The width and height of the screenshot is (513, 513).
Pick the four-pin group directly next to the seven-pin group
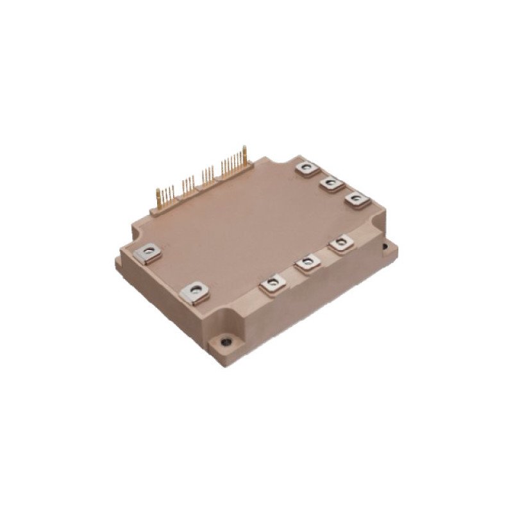click(x=207, y=174)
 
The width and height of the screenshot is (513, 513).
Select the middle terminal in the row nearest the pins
click(x=331, y=184)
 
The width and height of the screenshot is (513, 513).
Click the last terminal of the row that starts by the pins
click(x=356, y=199)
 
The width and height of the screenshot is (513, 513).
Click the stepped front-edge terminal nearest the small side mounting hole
click(x=340, y=244)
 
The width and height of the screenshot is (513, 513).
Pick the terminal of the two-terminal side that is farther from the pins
click(x=195, y=292)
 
